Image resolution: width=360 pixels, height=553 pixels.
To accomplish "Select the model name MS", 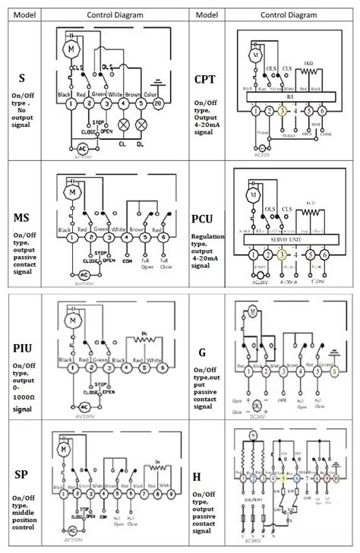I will coord(23,219).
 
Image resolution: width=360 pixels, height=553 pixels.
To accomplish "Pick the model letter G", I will coord(201,352).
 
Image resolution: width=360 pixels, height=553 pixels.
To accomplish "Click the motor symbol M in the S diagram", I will coord(72,47).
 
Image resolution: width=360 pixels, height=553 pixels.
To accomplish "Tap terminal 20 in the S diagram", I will coord(157,103).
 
